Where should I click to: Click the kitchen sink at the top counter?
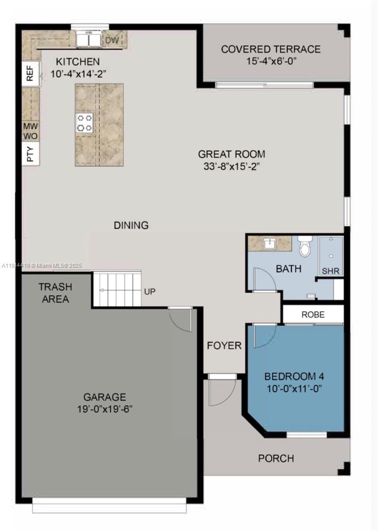pyautogui.click(x=88, y=40)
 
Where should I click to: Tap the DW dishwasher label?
pyautogui.click(x=111, y=40)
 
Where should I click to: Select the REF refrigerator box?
pyautogui.click(x=30, y=74)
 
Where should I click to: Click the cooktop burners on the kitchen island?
pyautogui.click(x=84, y=123)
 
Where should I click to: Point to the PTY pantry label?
pyautogui.click(x=30, y=154)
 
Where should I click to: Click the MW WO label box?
pyautogui.click(x=30, y=131)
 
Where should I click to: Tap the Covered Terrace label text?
pyautogui.click(x=271, y=49)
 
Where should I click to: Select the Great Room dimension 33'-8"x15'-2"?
pyautogui.click(x=231, y=168)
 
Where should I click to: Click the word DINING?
pyautogui.click(x=131, y=225)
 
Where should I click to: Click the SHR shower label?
pyautogui.click(x=331, y=271)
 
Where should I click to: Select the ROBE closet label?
pyautogui.click(x=313, y=315)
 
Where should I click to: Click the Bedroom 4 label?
pyautogui.click(x=294, y=377)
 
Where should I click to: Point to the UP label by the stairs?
pyautogui.click(x=149, y=292)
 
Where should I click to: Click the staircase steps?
pyautogui.click(x=117, y=290)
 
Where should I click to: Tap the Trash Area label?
pyautogui.click(x=55, y=293)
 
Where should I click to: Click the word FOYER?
pyautogui.click(x=224, y=345)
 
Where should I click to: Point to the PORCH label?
pyautogui.click(x=276, y=458)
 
